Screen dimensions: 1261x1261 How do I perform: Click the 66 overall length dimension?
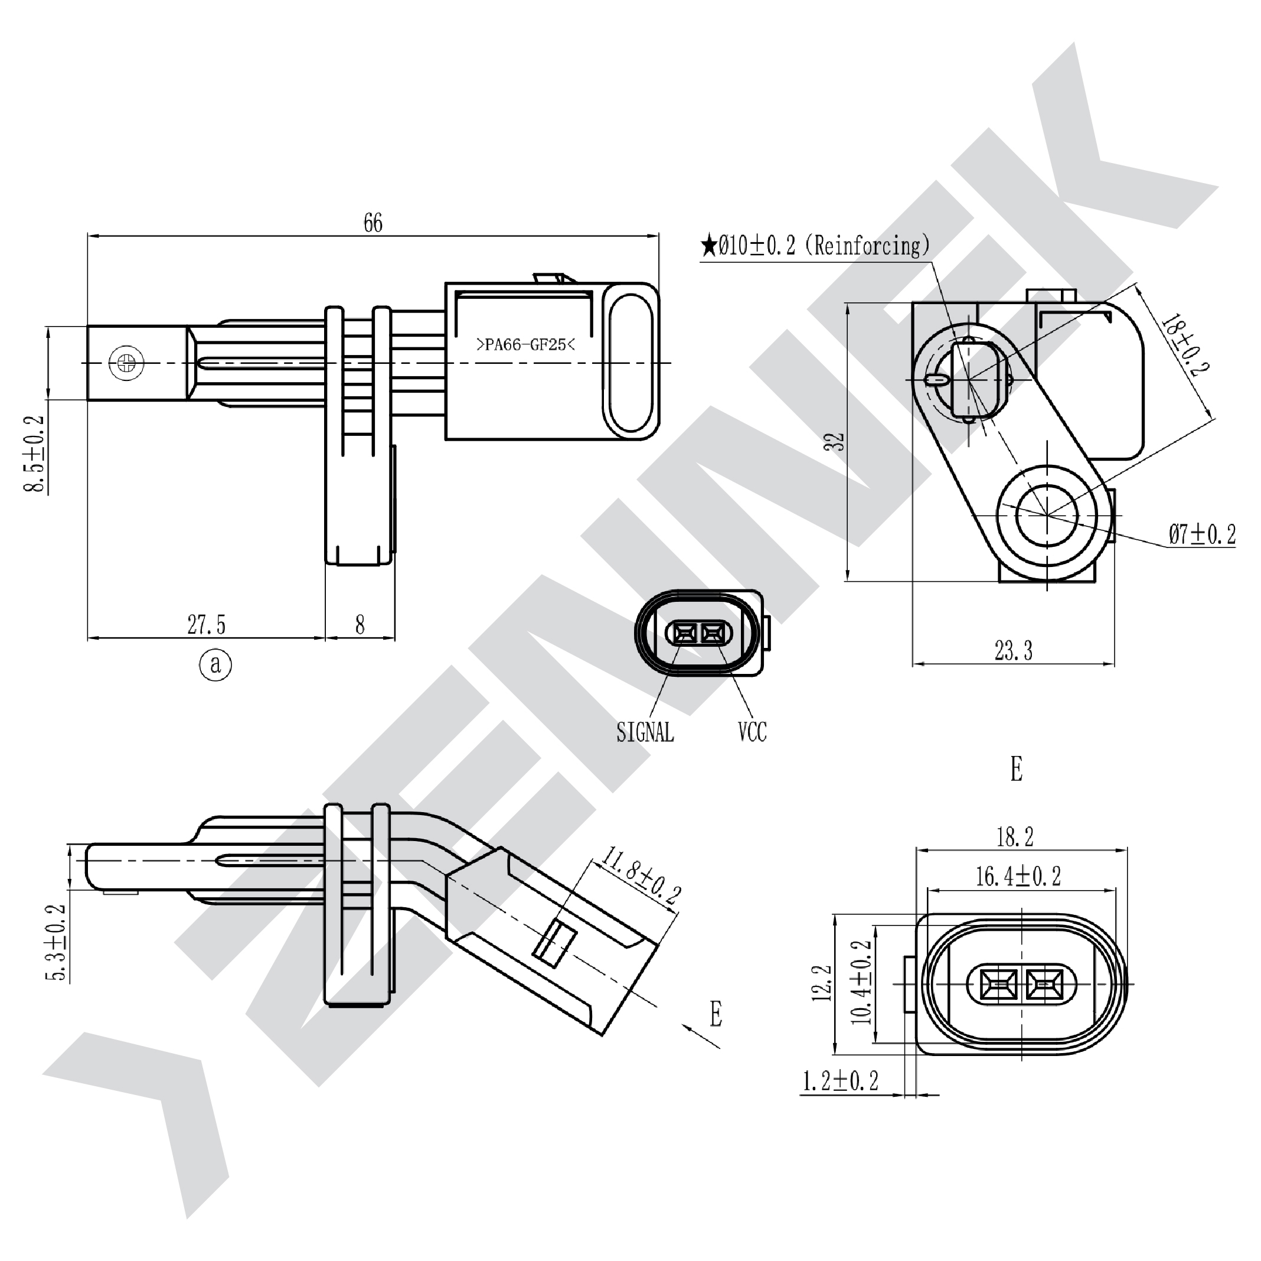(x=373, y=223)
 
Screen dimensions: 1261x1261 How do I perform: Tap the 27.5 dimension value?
(x=206, y=625)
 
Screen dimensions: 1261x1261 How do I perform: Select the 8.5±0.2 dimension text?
(x=35, y=454)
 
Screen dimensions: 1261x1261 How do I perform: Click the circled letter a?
(x=215, y=665)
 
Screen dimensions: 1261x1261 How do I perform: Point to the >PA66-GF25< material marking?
(x=525, y=344)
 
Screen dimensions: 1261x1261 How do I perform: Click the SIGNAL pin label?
(x=645, y=732)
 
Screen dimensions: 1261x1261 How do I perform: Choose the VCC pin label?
(x=752, y=732)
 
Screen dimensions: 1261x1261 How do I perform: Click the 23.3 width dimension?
(x=1013, y=650)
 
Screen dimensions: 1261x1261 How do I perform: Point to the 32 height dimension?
(x=835, y=441)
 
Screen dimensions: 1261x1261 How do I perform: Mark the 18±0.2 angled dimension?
(x=1186, y=345)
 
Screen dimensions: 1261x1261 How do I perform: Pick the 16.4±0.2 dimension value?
(x=1018, y=876)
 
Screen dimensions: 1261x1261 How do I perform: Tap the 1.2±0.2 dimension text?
(x=840, y=1081)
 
